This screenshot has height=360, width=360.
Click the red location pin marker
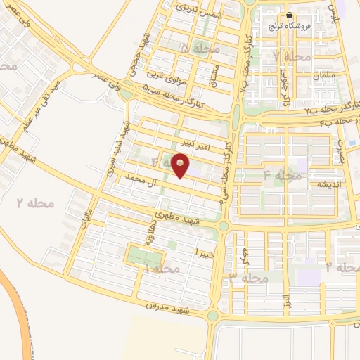(x=181, y=165)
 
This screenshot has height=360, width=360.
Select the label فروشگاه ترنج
(x=289, y=27)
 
